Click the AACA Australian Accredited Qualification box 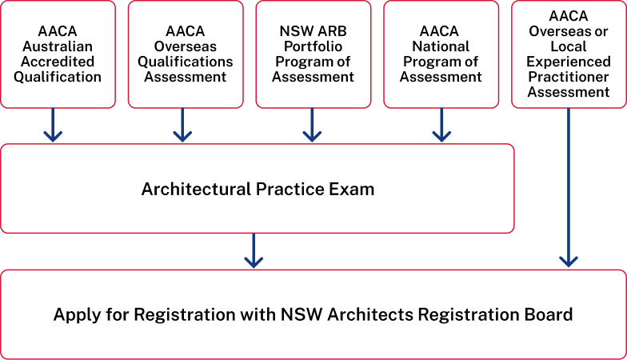58,54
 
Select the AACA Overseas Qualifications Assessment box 186,54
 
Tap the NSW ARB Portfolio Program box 313,54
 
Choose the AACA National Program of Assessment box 441,54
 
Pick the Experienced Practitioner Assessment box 569,54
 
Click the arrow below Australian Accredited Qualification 53,125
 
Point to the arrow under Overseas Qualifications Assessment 182,125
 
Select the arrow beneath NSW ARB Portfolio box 312,125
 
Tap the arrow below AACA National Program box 441,125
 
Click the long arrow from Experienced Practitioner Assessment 568,187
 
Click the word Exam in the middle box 352,189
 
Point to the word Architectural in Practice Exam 197,189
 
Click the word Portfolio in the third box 313,46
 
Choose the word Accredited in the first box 58,62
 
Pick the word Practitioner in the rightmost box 569,77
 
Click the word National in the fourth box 441,46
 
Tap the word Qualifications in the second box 186,62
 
